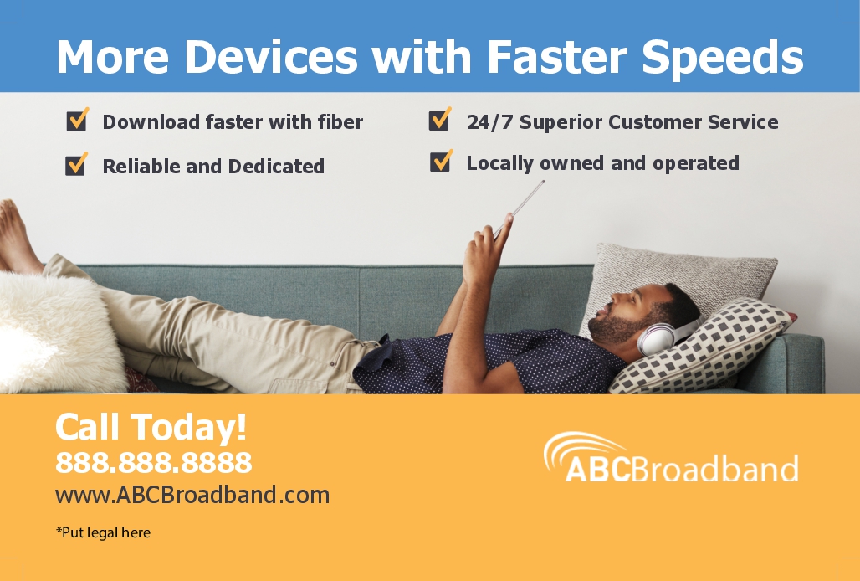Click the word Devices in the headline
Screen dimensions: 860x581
(271, 56)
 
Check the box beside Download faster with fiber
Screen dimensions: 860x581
(77, 120)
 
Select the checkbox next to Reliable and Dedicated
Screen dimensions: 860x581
(76, 164)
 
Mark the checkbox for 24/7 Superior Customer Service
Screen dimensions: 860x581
(440, 119)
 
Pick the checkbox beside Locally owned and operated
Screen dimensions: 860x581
(441, 161)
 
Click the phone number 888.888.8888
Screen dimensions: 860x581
(154, 462)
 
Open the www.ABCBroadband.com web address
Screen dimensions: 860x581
(192, 495)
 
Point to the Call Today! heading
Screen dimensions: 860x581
(151, 428)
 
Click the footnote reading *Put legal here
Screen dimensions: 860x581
(103, 532)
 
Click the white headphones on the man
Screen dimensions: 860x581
(658, 337)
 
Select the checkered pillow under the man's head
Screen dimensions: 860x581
(702, 347)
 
